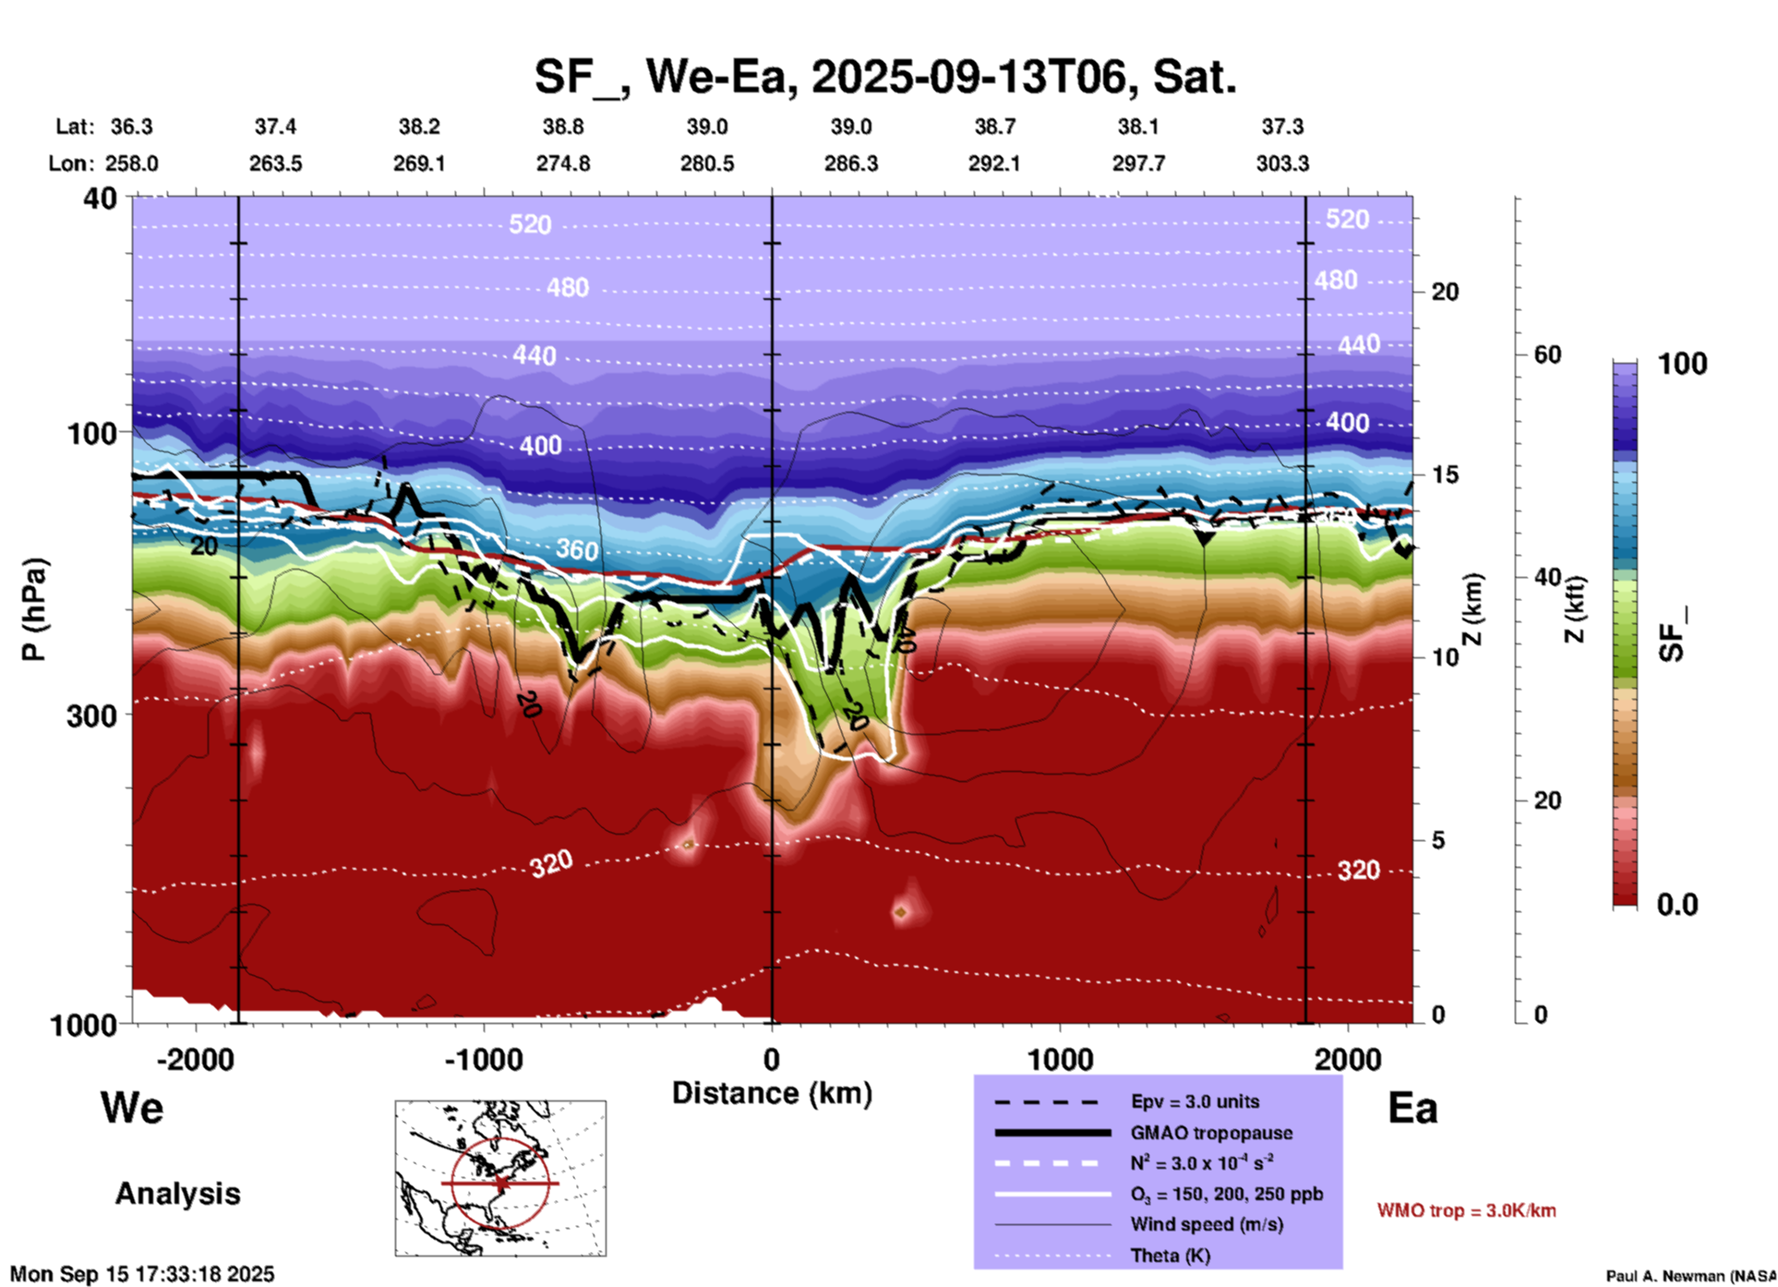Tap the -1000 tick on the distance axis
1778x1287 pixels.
pos(484,1060)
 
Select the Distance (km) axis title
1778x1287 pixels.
pos(772,1093)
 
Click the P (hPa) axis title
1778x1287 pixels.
pos(34,609)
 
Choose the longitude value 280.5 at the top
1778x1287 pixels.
pos(707,163)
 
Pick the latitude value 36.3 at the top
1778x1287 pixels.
pos(131,126)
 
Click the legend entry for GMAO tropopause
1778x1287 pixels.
pos(1210,1133)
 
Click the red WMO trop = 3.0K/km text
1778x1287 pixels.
pos(1466,1210)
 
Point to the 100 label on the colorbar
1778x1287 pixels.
pos(1682,364)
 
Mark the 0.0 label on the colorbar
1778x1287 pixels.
pos(1677,905)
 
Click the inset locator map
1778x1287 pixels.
pos(500,1178)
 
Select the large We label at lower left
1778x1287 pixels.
pos(132,1108)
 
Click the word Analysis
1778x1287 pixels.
pos(177,1194)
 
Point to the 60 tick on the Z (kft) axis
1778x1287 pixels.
pos(1547,355)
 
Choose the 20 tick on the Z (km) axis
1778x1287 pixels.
pos(1445,292)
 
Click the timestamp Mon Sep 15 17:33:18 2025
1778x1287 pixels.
pos(142,1274)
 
